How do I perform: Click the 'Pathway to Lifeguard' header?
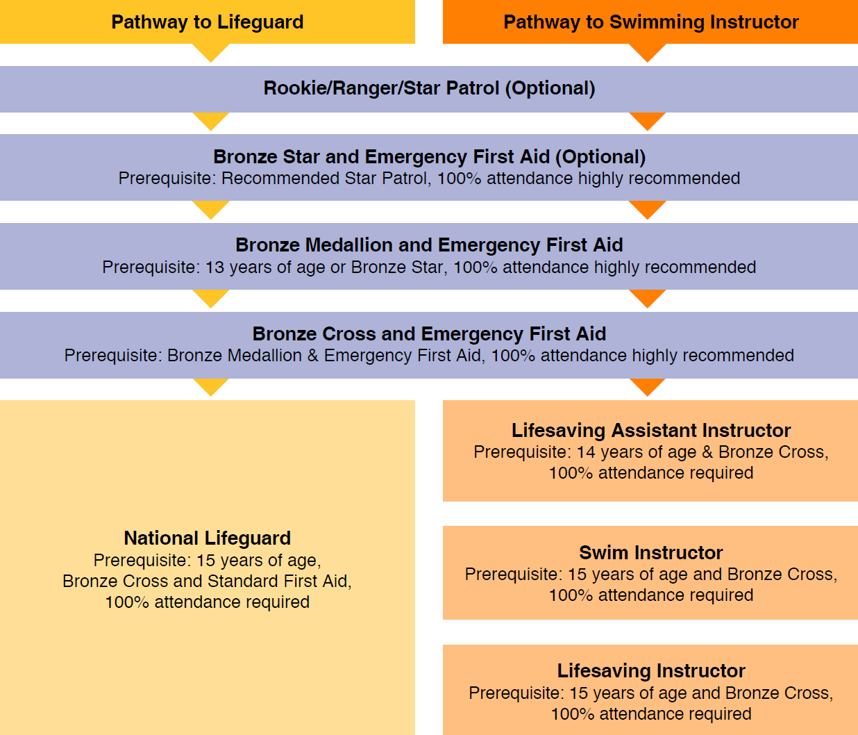pyautogui.click(x=207, y=22)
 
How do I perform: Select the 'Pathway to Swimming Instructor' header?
pyautogui.click(x=650, y=22)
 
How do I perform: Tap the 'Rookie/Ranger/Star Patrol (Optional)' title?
pyautogui.click(x=429, y=88)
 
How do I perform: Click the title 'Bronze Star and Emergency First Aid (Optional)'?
pyautogui.click(x=429, y=156)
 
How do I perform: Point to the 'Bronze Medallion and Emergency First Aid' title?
pyautogui.click(x=429, y=245)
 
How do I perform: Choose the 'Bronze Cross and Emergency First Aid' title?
pyautogui.click(x=429, y=333)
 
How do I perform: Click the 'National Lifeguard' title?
pyautogui.click(x=207, y=538)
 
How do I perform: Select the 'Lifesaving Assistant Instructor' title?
pyautogui.click(x=650, y=430)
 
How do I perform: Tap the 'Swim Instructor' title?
pyautogui.click(x=650, y=552)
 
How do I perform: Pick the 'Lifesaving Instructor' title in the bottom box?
pyautogui.click(x=650, y=670)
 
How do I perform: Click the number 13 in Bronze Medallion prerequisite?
pyautogui.click(x=215, y=267)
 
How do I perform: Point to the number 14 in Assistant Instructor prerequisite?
pyautogui.click(x=586, y=452)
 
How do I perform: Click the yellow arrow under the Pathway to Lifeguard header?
pyautogui.click(x=210, y=52)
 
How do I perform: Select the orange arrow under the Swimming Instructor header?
pyautogui.click(x=647, y=52)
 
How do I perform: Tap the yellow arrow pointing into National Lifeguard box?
pyautogui.click(x=210, y=386)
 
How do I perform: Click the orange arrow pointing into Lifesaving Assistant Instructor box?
pyautogui.click(x=647, y=386)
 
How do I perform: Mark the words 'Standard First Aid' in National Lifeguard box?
pyautogui.click(x=283, y=581)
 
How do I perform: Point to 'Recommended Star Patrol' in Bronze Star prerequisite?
pyautogui.click(x=323, y=179)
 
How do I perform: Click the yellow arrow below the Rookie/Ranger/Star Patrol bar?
pyautogui.click(x=210, y=120)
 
